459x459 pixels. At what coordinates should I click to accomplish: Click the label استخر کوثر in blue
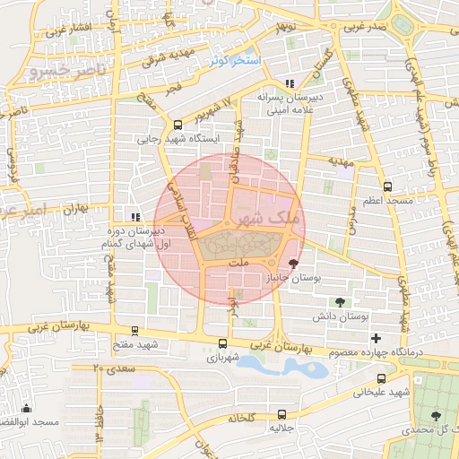coord(234,60)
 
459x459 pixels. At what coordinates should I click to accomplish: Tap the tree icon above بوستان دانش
coord(340,302)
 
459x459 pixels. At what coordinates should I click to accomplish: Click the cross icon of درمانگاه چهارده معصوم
coord(376,338)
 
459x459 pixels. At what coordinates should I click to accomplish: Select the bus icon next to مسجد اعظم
coord(387,186)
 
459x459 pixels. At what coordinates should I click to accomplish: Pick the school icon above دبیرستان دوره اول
coord(135,216)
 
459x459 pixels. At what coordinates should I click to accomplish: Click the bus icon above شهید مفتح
coord(134,330)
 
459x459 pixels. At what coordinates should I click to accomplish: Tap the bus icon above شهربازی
coord(223,342)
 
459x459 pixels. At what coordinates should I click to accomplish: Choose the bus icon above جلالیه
coord(282,414)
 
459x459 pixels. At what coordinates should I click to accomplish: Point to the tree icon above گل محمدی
coord(436,415)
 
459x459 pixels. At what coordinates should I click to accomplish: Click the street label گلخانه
coord(242,418)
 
